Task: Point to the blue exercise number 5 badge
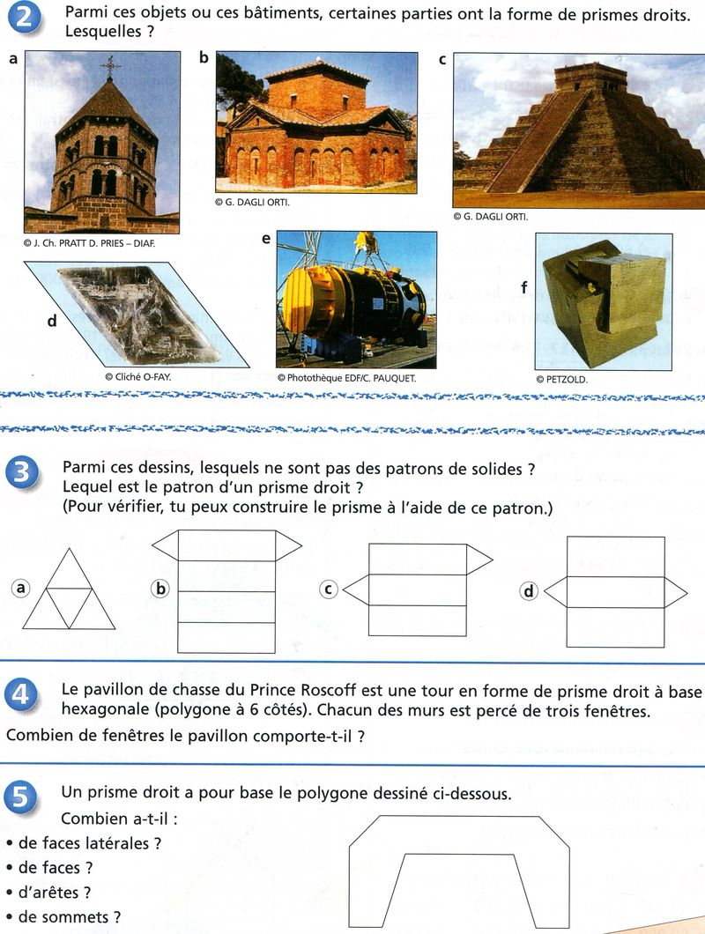(x=23, y=797)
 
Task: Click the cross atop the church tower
(x=110, y=66)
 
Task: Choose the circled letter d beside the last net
(x=529, y=591)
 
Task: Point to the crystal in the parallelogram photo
(x=137, y=313)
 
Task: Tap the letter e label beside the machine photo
(x=265, y=238)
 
